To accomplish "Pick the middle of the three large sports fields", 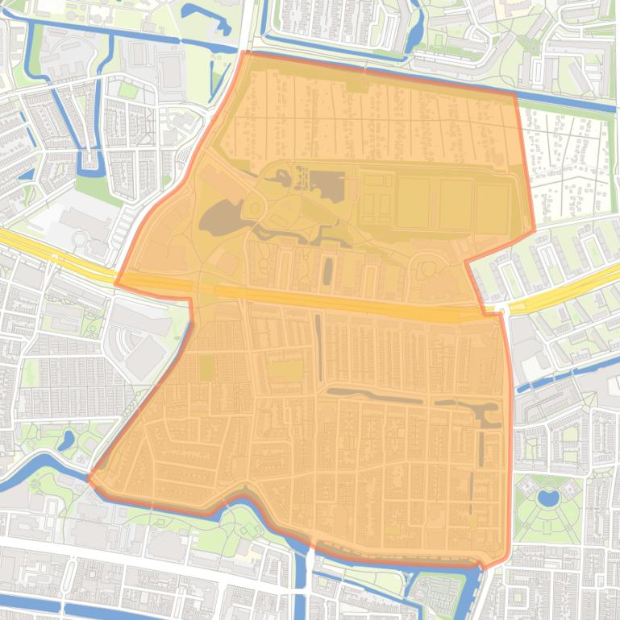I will tap(456, 203).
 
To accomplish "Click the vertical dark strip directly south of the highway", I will tap(319, 346).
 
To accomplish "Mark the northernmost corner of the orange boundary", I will tap(244, 52).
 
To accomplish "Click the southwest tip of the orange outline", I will tap(89, 477).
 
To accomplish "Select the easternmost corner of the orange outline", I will tap(534, 232).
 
